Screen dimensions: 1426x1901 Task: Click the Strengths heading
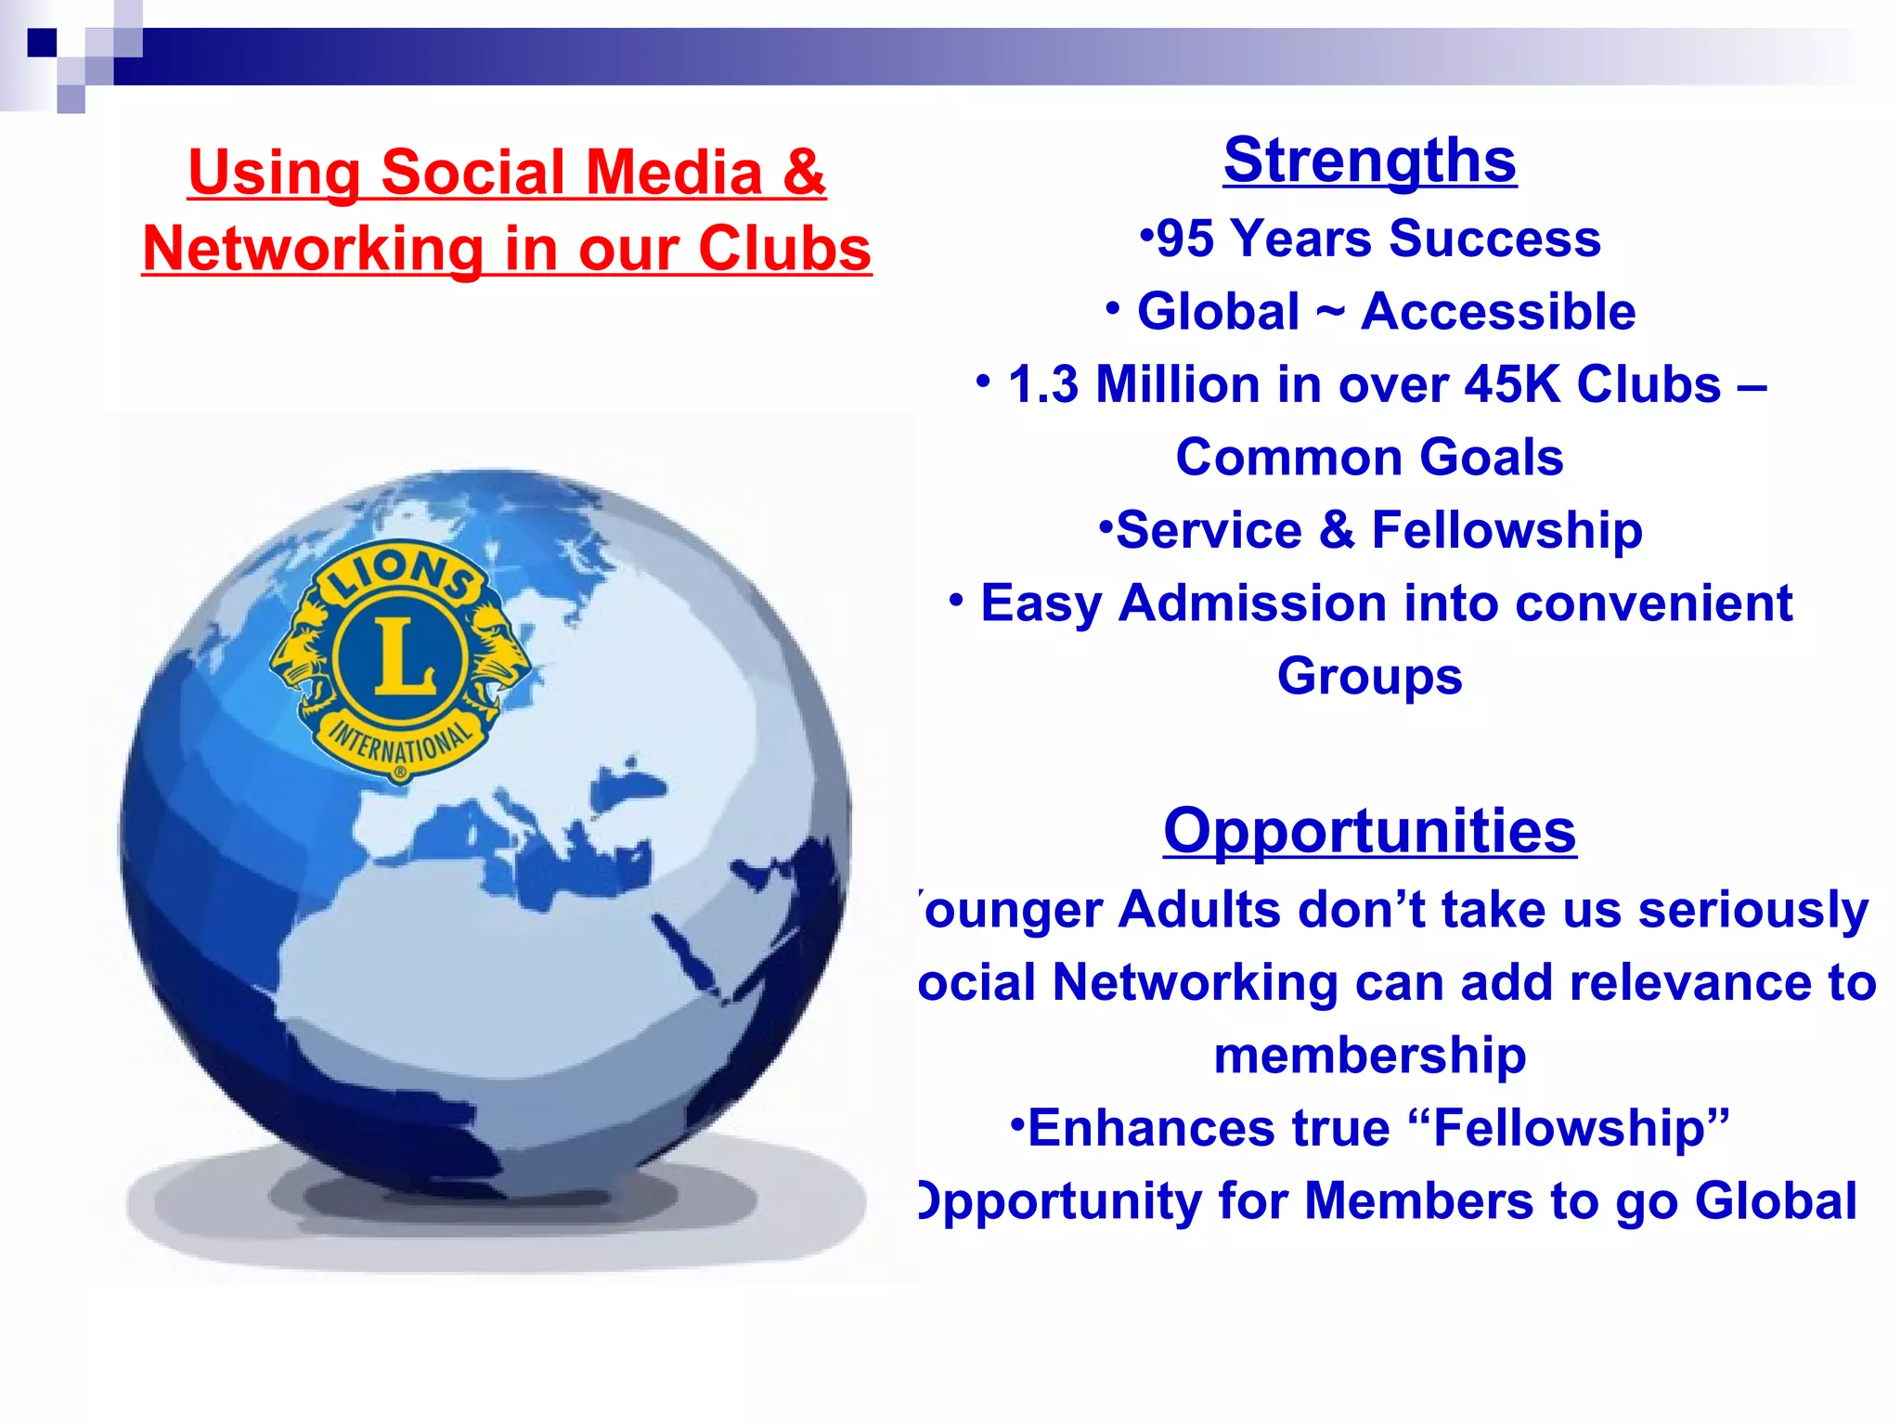point(1369,161)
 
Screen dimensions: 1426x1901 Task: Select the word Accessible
point(1497,311)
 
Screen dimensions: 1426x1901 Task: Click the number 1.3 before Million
point(1043,384)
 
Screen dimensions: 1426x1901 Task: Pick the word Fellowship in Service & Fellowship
point(1507,530)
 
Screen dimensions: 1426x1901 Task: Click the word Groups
point(1369,676)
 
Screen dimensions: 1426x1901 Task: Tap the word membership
point(1369,1056)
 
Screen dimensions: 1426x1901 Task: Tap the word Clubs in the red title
point(784,249)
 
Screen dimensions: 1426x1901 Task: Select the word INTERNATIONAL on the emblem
point(401,744)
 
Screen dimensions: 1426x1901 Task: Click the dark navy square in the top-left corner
point(42,43)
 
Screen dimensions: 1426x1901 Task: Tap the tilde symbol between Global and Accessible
point(1329,311)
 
